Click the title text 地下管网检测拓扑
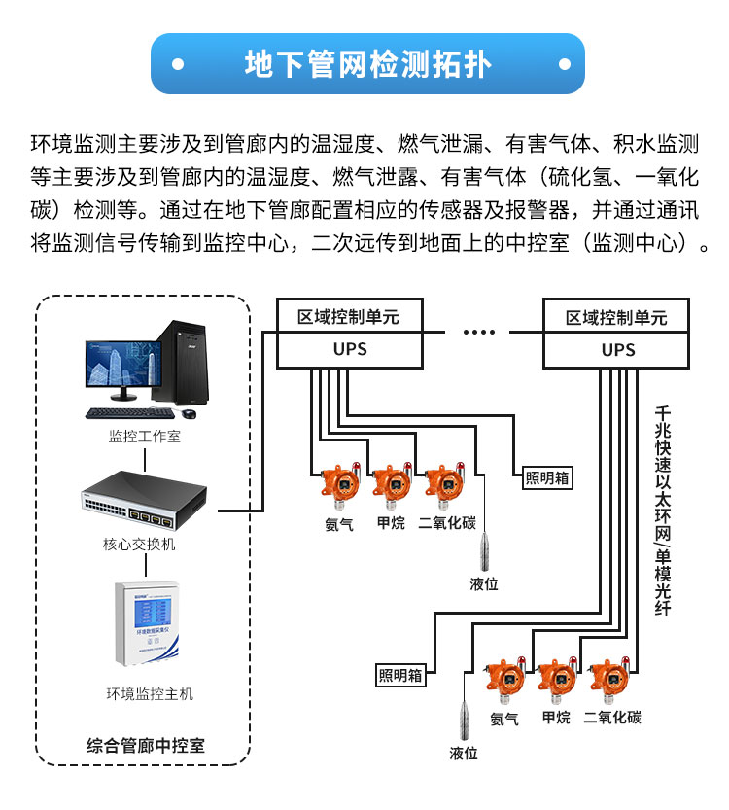coord(368,64)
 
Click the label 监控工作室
coord(144,437)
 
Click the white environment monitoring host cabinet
coord(144,623)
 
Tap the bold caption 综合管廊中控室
coord(146,747)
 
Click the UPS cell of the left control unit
coord(350,350)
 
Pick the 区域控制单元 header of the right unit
coord(617,318)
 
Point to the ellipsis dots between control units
coord(478,333)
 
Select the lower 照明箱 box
coord(400,674)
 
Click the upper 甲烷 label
coord(391,523)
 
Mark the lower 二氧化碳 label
coord(612,718)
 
